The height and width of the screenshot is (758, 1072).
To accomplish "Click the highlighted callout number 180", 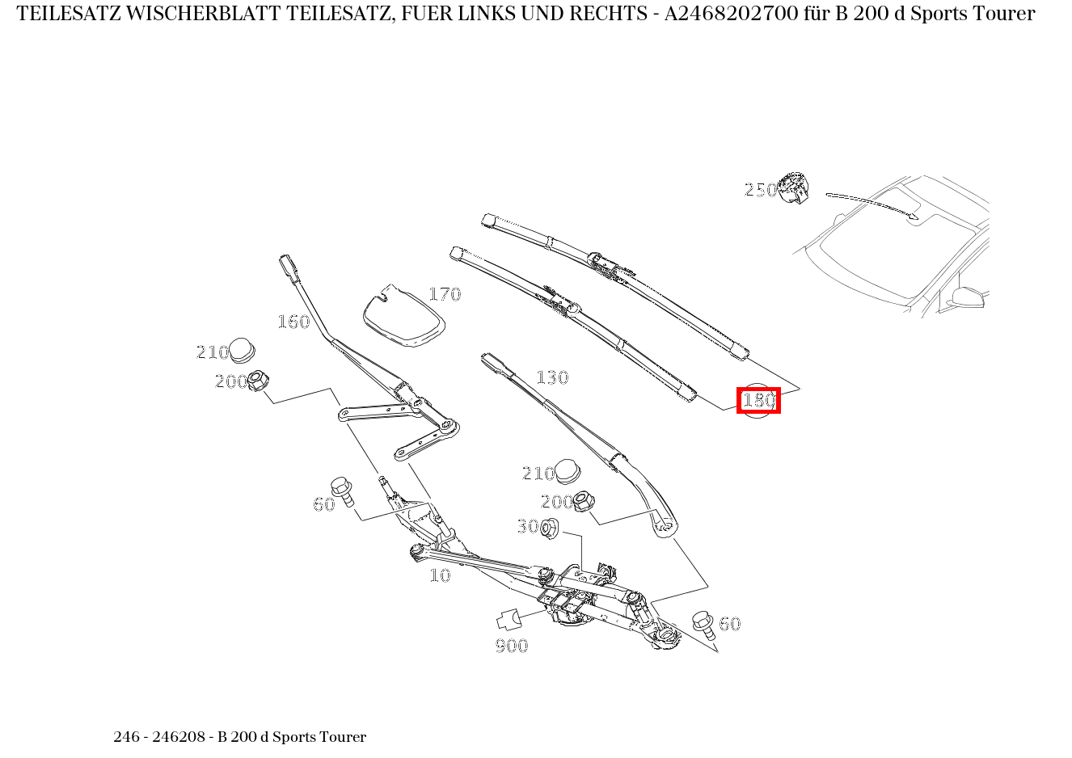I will point(758,400).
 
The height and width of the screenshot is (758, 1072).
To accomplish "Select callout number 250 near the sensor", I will point(760,190).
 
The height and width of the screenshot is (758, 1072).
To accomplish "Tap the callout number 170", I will point(444,294).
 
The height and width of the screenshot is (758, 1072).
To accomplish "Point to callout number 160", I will point(293,322).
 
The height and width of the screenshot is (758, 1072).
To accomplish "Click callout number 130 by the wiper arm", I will point(552,377).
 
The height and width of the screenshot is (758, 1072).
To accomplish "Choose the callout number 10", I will point(440,575).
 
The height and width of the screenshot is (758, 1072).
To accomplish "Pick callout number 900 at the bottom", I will point(512,645).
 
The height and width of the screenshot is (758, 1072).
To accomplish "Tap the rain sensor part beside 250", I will point(794,187).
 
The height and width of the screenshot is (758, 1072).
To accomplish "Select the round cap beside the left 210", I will point(243,350).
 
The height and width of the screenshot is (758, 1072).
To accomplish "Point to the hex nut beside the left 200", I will point(259,380).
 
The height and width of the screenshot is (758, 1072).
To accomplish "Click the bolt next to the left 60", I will point(344,491).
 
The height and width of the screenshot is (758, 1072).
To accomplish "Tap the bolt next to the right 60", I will point(702,623).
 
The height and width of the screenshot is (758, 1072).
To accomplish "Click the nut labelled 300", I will point(550,529).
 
